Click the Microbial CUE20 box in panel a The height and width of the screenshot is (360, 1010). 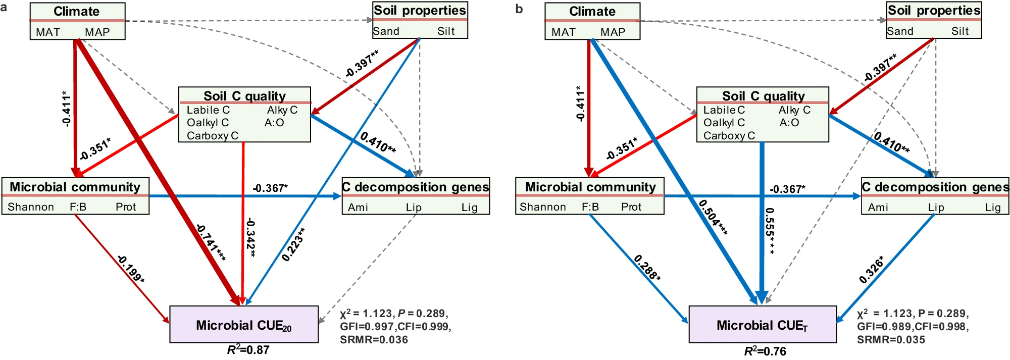coord(244,325)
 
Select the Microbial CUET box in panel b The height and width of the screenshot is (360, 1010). coord(763,325)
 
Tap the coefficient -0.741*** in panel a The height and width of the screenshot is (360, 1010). coord(211,243)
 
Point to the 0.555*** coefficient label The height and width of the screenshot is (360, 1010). coord(770,231)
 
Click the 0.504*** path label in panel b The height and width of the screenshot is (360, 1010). coord(713,217)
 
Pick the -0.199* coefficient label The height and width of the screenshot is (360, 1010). coord(131,269)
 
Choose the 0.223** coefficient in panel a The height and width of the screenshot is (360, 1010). coord(293,244)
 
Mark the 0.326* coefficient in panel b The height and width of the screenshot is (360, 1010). coord(872,270)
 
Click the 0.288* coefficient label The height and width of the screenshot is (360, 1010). coord(647,268)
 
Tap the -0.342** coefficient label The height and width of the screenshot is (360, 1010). coord(250,237)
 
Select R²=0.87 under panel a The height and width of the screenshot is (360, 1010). coord(248,350)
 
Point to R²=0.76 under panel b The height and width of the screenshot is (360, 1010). coord(765,351)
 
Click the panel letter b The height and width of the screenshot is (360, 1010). coord(519,9)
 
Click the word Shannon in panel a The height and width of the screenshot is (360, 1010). coord(31,207)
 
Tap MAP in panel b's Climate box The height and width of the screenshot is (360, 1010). coord(613,32)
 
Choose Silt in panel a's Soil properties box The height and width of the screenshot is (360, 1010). coord(446,31)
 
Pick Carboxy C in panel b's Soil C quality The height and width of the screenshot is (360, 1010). coord(729,136)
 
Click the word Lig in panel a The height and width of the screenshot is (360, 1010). coord(469,207)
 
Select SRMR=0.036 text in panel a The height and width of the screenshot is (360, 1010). coord(374,340)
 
